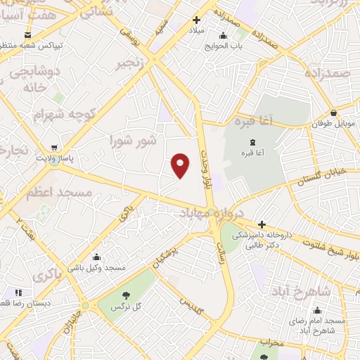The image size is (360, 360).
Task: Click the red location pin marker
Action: (x=181, y=165)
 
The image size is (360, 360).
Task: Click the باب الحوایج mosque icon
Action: (x=224, y=36)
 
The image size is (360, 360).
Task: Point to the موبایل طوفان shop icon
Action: (x=333, y=113)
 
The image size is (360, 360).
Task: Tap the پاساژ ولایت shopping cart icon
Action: (x=54, y=148)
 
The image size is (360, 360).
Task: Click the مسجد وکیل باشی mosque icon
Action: (x=96, y=257)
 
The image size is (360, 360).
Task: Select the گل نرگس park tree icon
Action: (x=127, y=295)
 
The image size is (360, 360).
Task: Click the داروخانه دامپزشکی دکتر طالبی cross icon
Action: (x=262, y=224)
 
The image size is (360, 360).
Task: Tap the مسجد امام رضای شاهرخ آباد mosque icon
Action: (x=317, y=310)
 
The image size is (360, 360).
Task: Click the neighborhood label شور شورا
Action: (x=133, y=141)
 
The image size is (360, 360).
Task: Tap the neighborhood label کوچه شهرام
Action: (x=63, y=113)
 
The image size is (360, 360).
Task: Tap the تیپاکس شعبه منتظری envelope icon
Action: (x=27, y=34)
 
